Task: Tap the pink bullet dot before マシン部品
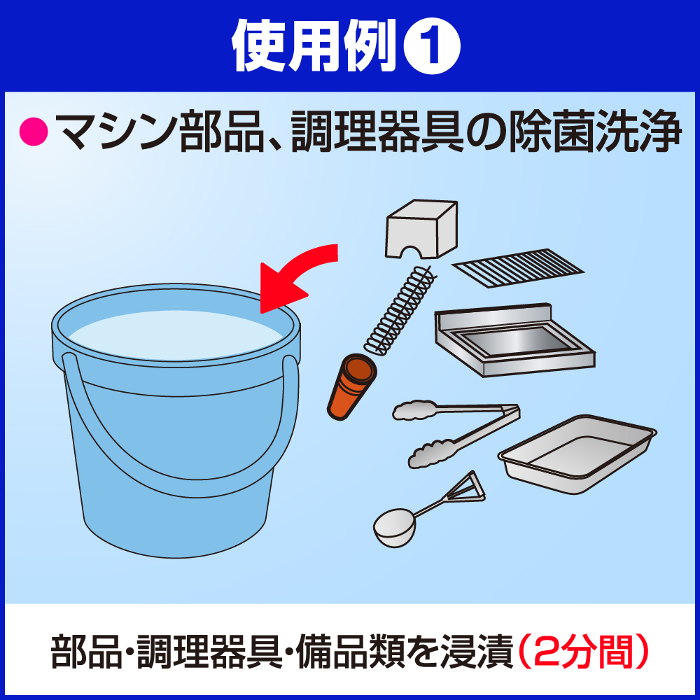point(34,132)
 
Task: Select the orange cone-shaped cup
point(352,386)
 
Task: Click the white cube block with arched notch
point(421,229)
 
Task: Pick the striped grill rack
point(518,268)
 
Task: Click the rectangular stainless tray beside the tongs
point(577,453)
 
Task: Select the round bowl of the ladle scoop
point(394,528)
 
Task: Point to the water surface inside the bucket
point(175,335)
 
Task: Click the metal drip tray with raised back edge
point(514,340)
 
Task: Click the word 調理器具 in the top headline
point(378,132)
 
